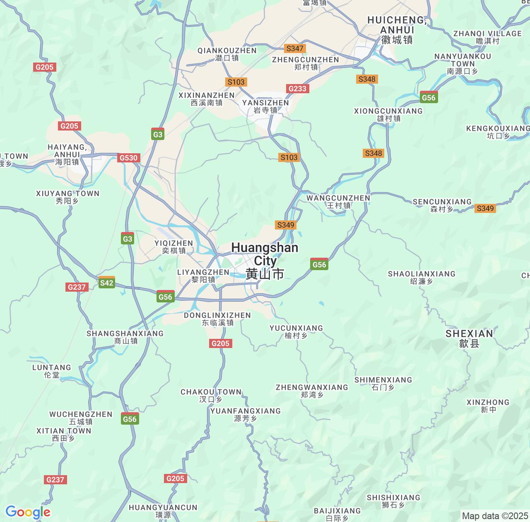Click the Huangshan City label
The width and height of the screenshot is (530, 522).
265,261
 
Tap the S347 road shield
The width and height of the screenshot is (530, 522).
294,48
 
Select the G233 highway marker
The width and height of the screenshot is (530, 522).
297,89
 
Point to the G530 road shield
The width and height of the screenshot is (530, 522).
129,158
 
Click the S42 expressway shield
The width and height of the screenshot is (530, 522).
107,283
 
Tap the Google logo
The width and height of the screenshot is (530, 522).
28,512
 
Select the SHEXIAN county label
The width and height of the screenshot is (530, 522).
469,338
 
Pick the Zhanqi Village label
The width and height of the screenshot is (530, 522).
487,37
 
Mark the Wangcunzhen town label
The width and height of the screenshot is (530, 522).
338,201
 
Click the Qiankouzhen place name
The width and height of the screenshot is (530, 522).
227,54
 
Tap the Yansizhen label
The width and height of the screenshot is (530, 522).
265,106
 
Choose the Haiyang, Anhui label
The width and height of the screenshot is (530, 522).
67,155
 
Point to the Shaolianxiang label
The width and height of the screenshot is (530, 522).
422,277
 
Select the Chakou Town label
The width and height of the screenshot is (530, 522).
211,395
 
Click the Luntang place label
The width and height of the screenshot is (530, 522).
52,371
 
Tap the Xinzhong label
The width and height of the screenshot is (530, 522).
488,406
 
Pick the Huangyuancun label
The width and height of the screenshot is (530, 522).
163,511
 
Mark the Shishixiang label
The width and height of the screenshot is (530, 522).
393,501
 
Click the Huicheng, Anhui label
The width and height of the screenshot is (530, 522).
397,29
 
